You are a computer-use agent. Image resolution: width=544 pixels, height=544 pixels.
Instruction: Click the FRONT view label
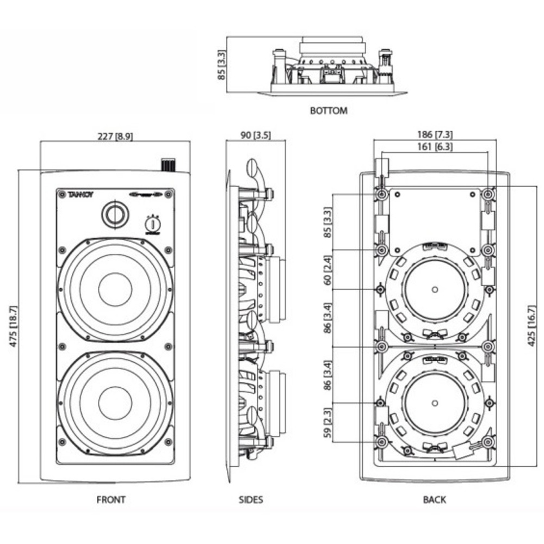click(111, 499)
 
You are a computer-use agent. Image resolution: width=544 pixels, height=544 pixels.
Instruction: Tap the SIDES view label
click(251, 499)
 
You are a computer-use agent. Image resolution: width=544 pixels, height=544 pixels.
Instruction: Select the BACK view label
click(434, 499)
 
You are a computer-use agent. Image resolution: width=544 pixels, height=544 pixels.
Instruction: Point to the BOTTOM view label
click(329, 111)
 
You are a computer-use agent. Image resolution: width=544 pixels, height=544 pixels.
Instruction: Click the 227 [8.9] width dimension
click(115, 136)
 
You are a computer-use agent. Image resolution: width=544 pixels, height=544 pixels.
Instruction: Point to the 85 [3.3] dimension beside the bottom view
click(221, 66)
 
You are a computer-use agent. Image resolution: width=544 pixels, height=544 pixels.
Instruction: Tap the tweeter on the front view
click(115, 214)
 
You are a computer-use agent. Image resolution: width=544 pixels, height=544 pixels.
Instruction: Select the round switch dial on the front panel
click(154, 224)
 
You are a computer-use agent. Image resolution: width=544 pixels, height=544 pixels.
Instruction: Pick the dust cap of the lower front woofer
click(115, 403)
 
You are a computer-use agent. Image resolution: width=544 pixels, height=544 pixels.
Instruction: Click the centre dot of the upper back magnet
click(435, 288)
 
